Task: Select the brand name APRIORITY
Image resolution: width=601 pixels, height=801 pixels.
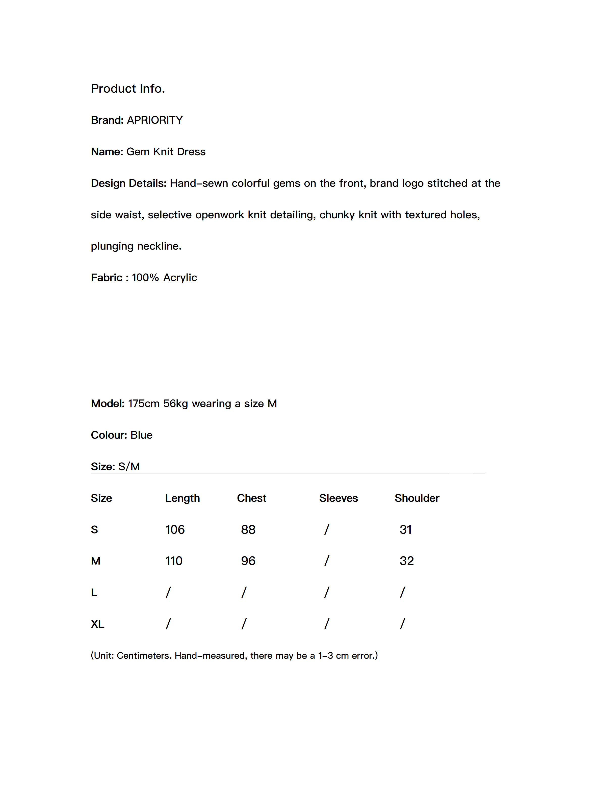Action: tap(155, 120)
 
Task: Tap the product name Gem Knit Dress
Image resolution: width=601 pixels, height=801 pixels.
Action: tap(166, 152)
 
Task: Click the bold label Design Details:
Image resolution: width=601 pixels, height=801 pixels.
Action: tap(128, 183)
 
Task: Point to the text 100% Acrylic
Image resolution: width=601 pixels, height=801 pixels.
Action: tap(164, 278)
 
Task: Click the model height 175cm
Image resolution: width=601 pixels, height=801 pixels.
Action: tap(143, 403)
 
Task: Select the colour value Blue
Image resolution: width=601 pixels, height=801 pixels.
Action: tap(141, 435)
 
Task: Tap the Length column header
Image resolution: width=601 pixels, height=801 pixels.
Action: tap(182, 498)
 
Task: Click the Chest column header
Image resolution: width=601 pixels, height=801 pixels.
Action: tap(251, 498)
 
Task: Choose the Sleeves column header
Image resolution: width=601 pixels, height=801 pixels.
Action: tap(338, 498)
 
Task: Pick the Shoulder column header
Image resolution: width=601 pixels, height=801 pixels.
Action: tap(416, 498)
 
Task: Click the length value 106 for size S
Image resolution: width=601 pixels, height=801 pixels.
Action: tap(175, 530)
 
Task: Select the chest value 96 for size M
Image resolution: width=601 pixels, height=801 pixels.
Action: tap(248, 561)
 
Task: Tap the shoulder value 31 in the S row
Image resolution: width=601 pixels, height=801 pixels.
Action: tap(405, 530)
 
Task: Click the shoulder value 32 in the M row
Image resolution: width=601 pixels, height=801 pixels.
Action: tap(406, 561)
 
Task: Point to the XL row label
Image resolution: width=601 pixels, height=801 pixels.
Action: tap(97, 624)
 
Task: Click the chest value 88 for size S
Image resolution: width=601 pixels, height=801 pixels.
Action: tap(248, 530)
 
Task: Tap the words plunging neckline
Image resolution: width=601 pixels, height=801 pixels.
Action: tap(136, 246)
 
